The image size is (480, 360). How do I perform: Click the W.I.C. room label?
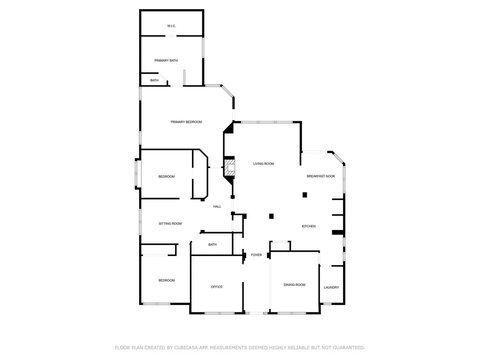172,26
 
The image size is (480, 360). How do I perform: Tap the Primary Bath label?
166,61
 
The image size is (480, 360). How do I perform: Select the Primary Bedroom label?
186,122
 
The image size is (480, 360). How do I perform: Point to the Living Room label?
263,164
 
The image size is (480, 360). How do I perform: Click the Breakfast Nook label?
321,176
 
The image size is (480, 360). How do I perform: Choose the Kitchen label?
308,226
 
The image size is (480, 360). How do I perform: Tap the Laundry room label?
331,288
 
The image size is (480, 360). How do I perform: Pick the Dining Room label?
295,285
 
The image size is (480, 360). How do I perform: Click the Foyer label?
256,255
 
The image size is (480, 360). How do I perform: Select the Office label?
217,287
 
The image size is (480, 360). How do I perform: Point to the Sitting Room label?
170,224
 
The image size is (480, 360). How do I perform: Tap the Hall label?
217,207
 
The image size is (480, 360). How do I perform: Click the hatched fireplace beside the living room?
230,168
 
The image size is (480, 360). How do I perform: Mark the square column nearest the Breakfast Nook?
305,195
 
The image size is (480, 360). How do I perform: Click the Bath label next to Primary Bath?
154,81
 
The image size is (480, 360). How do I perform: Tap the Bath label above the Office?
212,245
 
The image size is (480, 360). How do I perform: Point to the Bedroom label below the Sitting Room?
166,280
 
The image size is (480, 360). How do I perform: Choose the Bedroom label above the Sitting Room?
166,177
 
